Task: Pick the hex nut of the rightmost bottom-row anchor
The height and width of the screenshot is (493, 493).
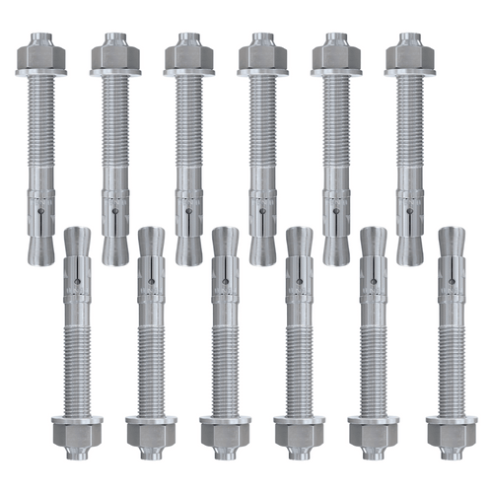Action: pos(451,430)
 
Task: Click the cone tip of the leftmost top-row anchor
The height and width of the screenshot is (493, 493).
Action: pos(41,246)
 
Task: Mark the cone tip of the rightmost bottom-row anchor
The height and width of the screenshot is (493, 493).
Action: pos(451,242)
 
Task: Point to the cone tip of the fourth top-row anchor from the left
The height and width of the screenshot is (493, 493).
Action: pos(262,246)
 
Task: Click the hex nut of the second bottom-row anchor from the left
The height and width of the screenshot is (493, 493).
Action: pos(151,430)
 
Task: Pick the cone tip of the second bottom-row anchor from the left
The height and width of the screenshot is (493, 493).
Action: pos(151,242)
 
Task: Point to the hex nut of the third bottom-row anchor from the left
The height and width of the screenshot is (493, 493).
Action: pos(225,430)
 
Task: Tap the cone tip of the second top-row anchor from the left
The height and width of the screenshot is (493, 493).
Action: pos(115,246)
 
